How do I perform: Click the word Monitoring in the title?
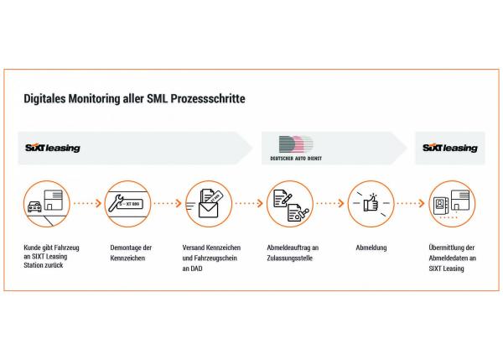[94, 98]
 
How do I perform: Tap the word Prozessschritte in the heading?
[208, 98]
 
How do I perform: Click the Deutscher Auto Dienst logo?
[296, 148]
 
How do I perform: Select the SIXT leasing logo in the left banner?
[53, 148]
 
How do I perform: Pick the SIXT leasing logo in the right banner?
[449, 148]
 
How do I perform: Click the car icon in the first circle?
[34, 206]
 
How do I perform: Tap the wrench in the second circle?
[116, 203]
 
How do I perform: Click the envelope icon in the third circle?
[208, 210]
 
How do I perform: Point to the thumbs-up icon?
[371, 202]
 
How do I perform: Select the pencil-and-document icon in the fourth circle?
[283, 198]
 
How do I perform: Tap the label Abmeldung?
[371, 248]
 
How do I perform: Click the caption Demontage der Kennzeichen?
[131, 253]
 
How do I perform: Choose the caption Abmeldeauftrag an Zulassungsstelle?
[293, 253]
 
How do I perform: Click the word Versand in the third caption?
[193, 248]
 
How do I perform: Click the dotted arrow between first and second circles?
[87, 203]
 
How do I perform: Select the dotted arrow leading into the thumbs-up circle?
[330, 203]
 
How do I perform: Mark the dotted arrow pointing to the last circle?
[411, 203]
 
